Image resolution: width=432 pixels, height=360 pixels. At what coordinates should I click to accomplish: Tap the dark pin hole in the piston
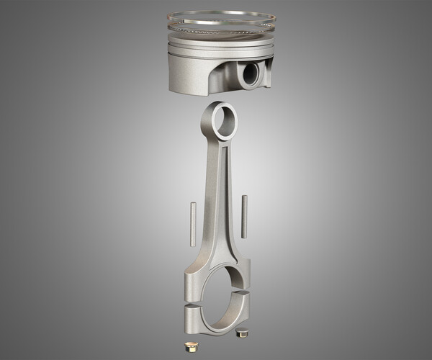(x=250, y=74)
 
